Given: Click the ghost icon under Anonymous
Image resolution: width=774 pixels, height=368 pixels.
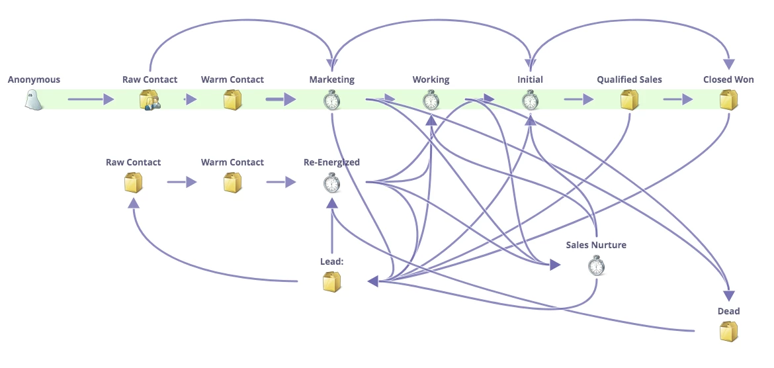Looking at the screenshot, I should tap(34, 100).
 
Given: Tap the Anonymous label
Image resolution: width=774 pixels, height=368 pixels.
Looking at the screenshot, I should tap(34, 79).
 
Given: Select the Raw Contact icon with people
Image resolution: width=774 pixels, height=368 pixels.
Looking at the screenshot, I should tap(150, 100).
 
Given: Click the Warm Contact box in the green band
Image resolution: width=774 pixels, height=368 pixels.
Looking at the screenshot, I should tap(232, 100).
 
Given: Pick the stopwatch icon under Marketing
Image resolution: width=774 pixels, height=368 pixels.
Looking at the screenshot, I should tap(331, 100).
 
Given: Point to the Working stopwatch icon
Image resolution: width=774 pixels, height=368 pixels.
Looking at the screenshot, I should tap(431, 100).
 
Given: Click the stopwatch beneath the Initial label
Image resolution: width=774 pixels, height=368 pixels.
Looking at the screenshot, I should tap(530, 100).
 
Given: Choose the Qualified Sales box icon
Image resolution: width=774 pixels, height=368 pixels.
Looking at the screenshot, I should tap(629, 100).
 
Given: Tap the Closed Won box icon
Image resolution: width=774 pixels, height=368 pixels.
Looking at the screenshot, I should tap(728, 100).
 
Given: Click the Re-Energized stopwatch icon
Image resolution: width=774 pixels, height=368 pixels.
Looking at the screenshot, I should tap(331, 182).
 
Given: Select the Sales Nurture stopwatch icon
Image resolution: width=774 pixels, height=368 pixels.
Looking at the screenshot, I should tap(596, 265).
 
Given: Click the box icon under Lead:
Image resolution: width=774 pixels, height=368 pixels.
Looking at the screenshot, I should tap(331, 282).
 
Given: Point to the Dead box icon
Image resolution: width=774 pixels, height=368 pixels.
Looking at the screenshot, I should tap(728, 331).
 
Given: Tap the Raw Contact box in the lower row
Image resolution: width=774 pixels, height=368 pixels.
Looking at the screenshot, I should tap(133, 182).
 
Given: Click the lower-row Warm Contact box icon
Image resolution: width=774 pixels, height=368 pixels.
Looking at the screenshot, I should tap(232, 182).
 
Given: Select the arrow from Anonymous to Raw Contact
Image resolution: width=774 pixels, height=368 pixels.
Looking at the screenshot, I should tap(91, 100).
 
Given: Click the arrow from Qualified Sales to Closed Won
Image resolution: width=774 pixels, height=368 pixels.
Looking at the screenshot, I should tap(678, 100).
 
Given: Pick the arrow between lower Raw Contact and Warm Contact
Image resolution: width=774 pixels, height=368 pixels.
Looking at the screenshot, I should tap(182, 182).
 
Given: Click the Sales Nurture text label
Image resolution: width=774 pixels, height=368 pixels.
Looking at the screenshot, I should tap(596, 245).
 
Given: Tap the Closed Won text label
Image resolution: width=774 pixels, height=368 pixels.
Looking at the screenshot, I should tap(728, 79).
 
